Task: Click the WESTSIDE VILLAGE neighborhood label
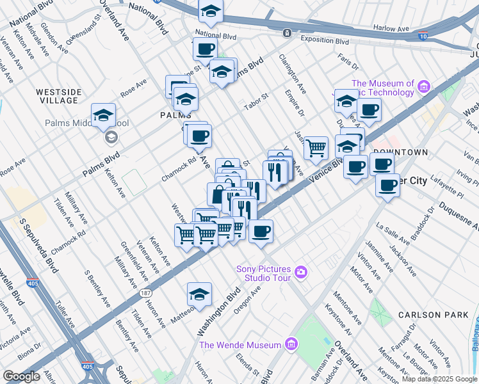pyautogui.click(x=58, y=96)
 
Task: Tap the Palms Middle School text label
pyautogui.click(x=74, y=124)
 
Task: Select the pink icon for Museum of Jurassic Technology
pyautogui.click(x=423, y=86)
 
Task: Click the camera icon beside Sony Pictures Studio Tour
pyautogui.click(x=300, y=274)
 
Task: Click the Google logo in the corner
pyautogui.click(x=22, y=376)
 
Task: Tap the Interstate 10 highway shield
pyautogui.click(x=423, y=37)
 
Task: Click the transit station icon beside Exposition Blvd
pyautogui.click(x=288, y=33)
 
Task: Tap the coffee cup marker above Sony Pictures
pyautogui.click(x=261, y=231)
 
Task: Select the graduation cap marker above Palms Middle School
pyautogui.click(x=103, y=115)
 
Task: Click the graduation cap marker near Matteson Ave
pyautogui.click(x=199, y=294)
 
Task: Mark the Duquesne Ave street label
pyautogui.click(x=456, y=216)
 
